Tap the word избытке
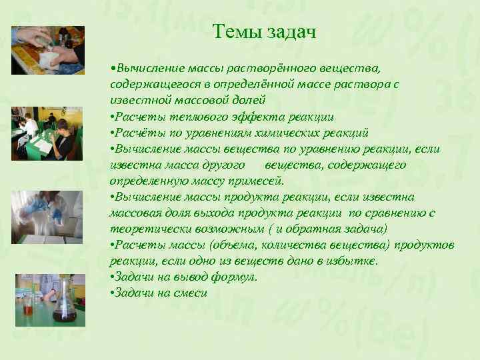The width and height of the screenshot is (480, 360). [x=354, y=261]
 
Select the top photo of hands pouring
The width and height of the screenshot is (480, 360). [x=48, y=50]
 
